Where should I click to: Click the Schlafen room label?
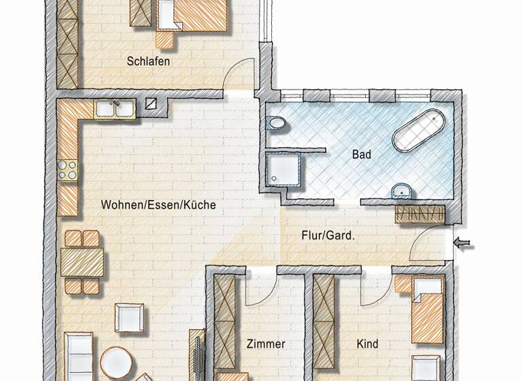pyautogui.click(x=147, y=61)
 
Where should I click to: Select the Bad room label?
pyautogui.click(x=362, y=154)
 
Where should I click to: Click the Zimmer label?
pyautogui.click(x=266, y=344)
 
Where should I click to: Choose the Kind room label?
pyautogui.click(x=368, y=344)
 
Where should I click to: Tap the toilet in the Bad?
pyautogui.click(x=277, y=124)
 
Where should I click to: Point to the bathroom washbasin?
pyautogui.click(x=402, y=190)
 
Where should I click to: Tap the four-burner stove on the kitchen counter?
pyautogui.click(x=67, y=169)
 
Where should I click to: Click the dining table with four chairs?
pyautogui.click(x=82, y=261)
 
